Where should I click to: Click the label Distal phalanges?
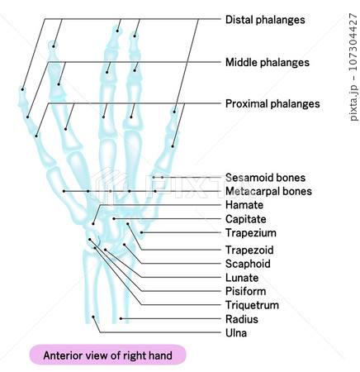click(265, 20)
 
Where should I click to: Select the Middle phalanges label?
click(268, 62)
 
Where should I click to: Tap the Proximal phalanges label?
click(272, 104)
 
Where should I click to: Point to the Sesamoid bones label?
click(265, 178)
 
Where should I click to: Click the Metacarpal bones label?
click(268, 191)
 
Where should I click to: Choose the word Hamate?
click(244, 205)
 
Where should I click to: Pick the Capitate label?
click(246, 219)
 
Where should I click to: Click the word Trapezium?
click(251, 233)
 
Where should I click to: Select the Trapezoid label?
click(249, 250)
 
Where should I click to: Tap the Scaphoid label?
click(248, 264)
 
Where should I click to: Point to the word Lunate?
click(242, 278)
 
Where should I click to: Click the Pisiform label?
click(245, 291)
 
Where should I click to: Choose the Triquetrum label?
click(252, 305)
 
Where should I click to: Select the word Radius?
click(242, 319)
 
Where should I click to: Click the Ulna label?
click(236, 333)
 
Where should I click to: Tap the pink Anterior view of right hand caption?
click(107, 355)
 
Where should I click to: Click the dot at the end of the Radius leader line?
click(121, 319)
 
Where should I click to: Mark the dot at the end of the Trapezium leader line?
click(141, 232)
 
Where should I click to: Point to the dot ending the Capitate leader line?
click(114, 219)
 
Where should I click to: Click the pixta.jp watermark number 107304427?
click(353, 42)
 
